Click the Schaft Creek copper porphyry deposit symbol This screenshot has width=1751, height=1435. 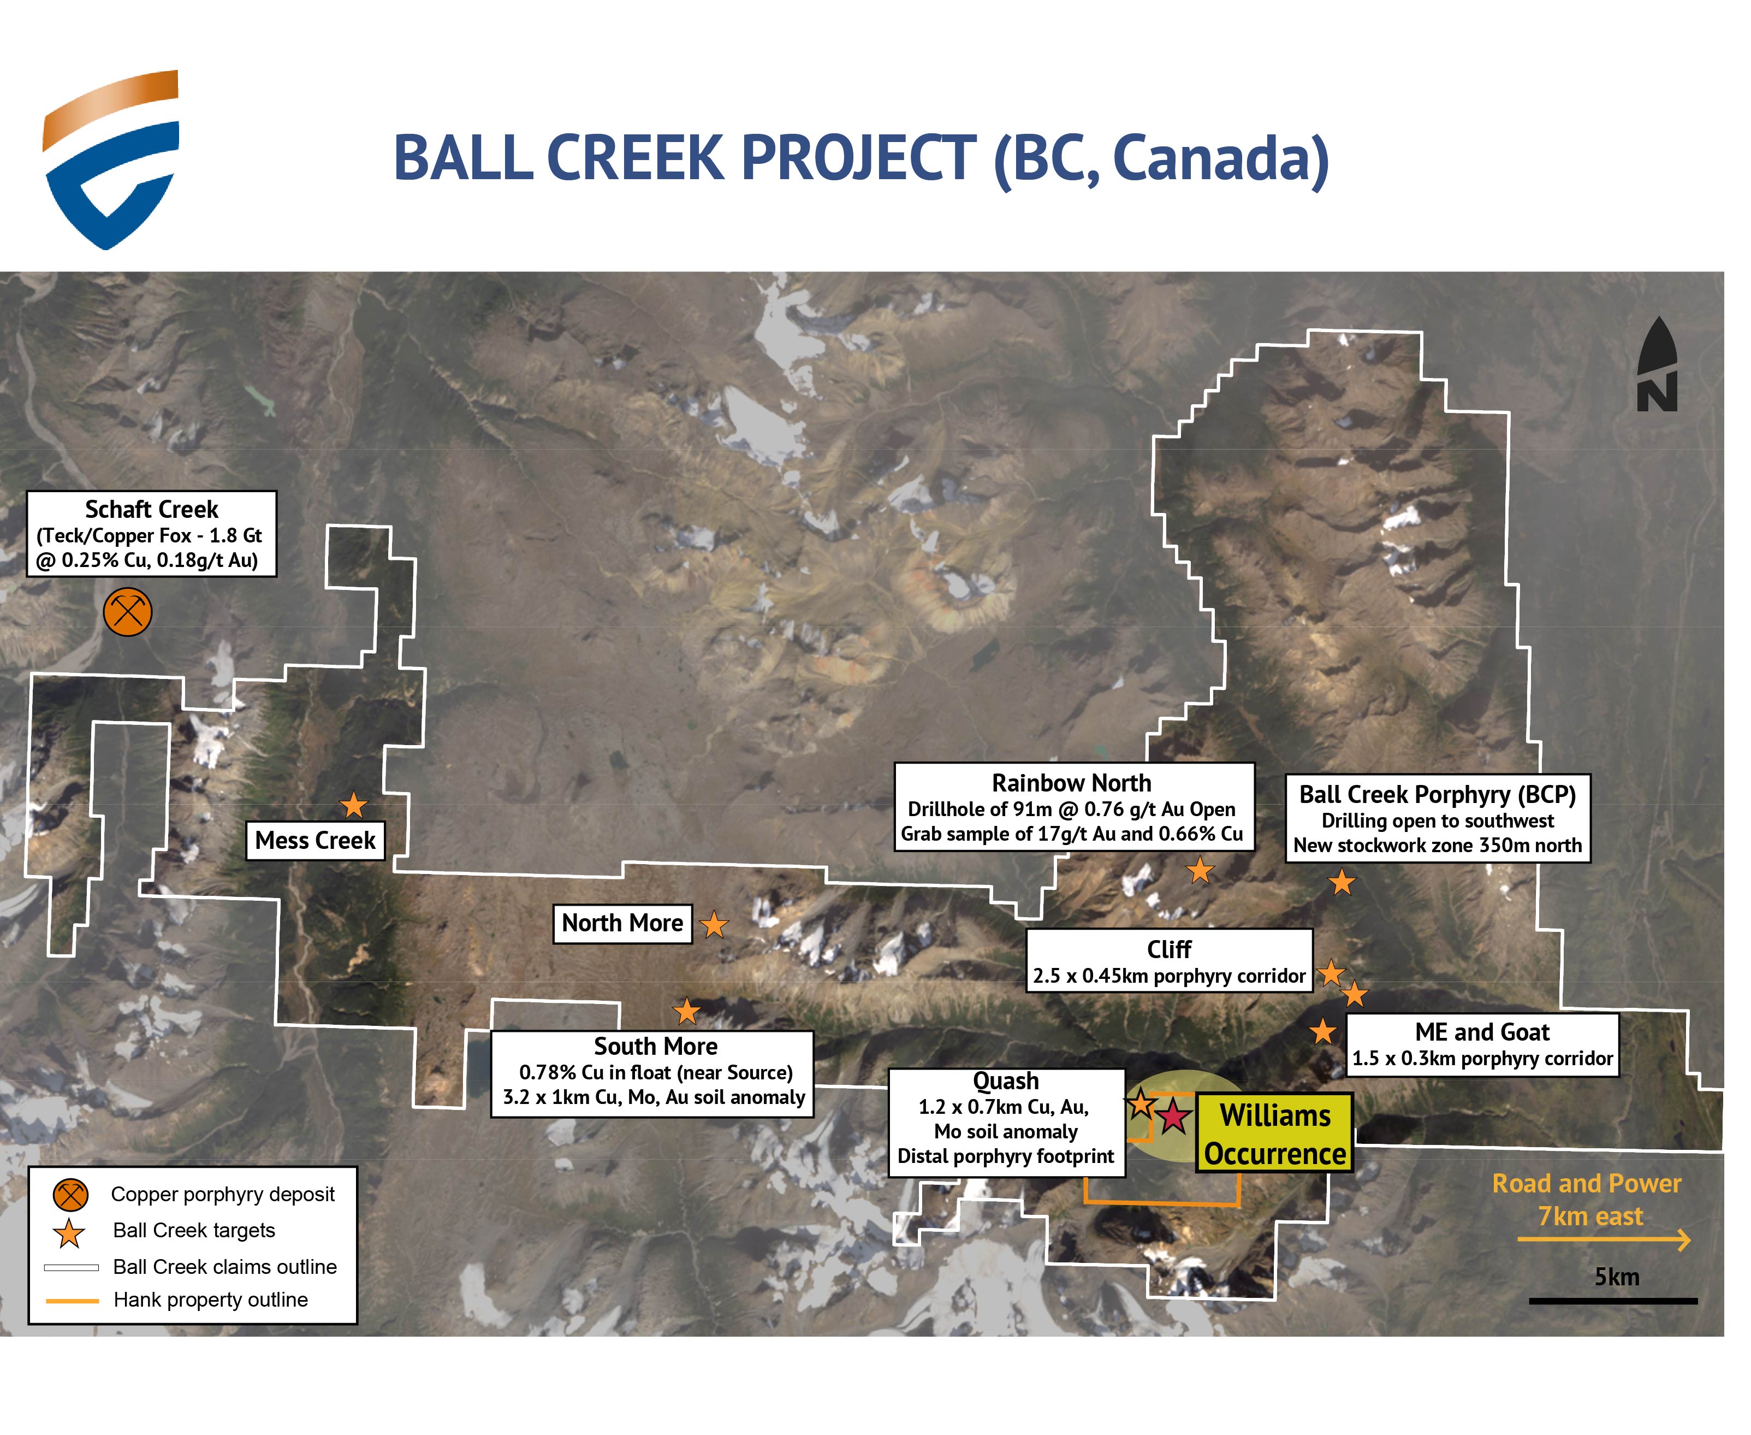click(x=127, y=612)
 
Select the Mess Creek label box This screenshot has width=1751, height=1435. click(x=315, y=841)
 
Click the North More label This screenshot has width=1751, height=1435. click(x=622, y=923)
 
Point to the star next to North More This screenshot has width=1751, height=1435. click(x=714, y=925)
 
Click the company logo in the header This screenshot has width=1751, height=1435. click(x=111, y=160)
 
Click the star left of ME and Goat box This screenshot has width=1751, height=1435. click(x=1323, y=1032)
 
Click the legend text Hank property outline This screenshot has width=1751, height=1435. click(x=211, y=1300)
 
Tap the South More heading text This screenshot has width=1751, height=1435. click(x=655, y=1047)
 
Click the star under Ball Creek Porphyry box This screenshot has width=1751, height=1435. click(x=1342, y=883)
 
